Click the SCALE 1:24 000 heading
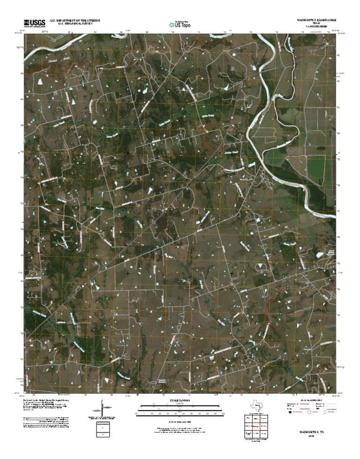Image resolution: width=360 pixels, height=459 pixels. point(180,401)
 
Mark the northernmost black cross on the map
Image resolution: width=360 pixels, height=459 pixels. point(128,153)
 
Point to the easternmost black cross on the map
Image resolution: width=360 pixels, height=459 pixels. point(232,273)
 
